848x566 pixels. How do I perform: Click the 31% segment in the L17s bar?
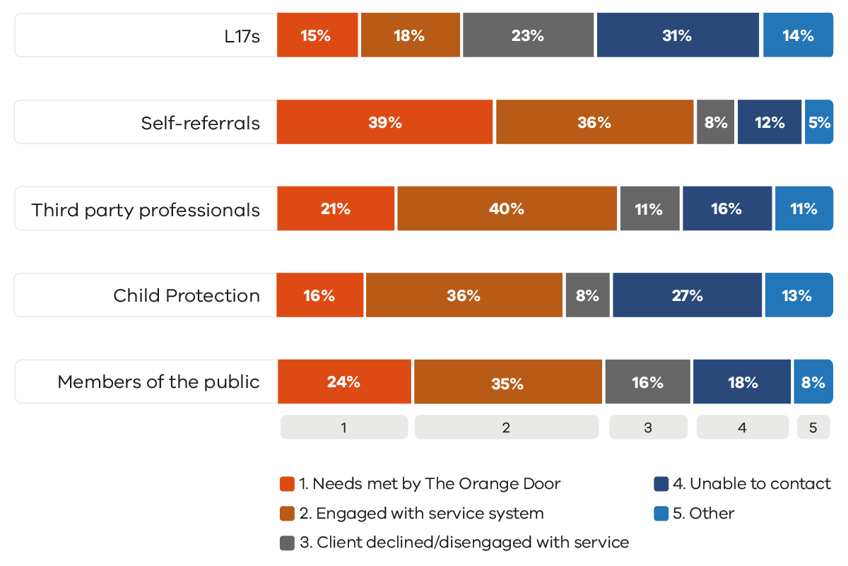point(677,35)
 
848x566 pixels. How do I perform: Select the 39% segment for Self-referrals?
point(385,122)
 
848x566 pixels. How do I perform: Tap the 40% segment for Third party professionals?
point(507,209)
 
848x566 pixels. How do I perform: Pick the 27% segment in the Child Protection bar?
point(687,295)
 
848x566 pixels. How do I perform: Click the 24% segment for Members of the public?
point(343,382)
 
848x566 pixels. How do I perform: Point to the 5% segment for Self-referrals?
point(819,122)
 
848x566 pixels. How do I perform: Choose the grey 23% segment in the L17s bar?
point(527,35)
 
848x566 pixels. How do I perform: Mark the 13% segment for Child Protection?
point(798,295)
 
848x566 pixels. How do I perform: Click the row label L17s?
point(242,36)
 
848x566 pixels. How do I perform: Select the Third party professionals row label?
point(146,210)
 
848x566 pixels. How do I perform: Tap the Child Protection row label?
point(187,295)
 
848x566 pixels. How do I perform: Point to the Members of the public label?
point(158,382)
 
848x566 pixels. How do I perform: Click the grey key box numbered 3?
point(648,427)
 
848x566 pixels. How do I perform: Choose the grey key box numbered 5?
point(813,427)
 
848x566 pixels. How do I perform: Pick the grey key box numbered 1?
point(343,427)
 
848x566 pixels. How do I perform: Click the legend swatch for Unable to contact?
point(661,484)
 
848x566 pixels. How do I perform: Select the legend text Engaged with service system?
point(430,514)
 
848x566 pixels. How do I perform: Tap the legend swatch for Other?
point(661,514)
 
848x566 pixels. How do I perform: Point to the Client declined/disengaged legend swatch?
point(287,543)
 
